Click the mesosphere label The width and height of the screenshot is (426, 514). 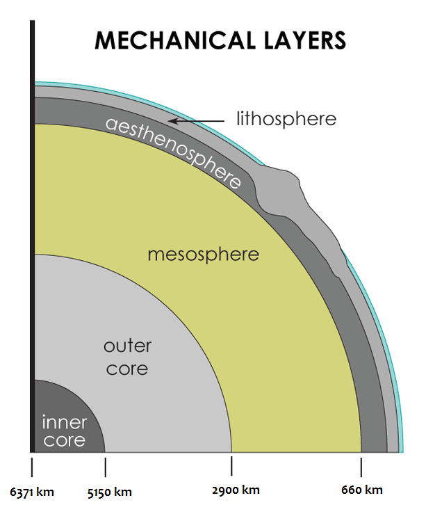(x=203, y=255)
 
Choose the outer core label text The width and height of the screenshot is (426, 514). (x=127, y=356)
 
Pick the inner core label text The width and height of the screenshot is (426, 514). (x=64, y=431)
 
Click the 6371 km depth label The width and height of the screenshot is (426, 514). (x=32, y=492)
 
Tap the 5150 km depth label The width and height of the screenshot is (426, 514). (x=109, y=492)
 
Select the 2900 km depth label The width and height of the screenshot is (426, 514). (x=236, y=490)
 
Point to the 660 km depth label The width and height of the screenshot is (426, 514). (x=361, y=490)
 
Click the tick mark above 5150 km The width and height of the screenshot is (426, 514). (x=105, y=465)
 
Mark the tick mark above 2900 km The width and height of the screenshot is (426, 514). (x=231, y=465)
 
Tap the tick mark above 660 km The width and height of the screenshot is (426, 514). (x=361, y=465)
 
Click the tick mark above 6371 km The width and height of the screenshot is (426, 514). (x=32, y=465)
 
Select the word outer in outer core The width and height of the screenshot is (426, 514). (x=127, y=346)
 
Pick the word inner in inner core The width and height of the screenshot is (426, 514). (x=64, y=421)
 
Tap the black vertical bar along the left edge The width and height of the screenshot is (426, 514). (x=32, y=236)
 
